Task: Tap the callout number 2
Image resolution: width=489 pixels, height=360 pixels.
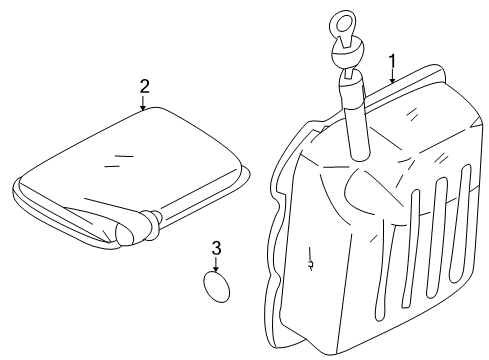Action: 144,87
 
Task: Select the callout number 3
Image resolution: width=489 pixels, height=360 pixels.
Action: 215,247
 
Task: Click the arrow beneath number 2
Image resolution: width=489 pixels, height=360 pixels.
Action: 144,104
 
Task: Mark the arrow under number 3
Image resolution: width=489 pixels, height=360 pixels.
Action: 215,263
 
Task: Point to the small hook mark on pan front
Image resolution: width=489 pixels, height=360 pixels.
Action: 312,263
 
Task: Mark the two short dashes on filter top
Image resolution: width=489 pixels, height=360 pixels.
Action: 123,157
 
